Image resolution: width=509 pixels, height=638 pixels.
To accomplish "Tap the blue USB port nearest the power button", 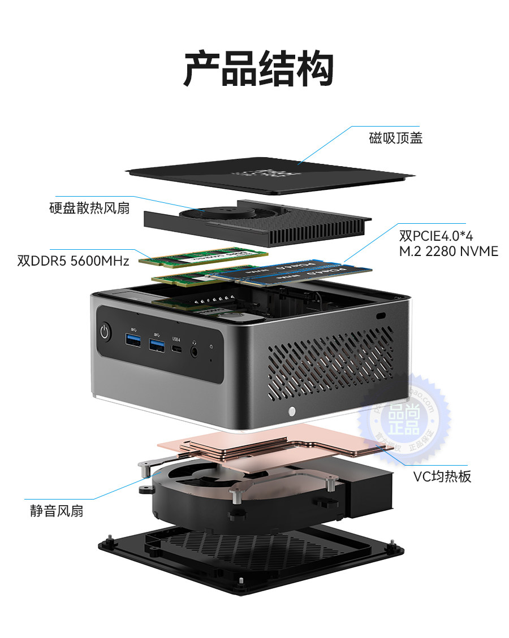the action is [133, 340].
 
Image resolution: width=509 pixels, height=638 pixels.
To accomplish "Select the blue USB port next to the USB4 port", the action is [157, 344].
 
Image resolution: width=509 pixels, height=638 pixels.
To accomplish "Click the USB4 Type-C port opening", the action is [178, 350].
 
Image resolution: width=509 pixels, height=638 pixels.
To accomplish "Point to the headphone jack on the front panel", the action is [196, 350].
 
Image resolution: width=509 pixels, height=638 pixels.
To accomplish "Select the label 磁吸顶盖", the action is [395, 138].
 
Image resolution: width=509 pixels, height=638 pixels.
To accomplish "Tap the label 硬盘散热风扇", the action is [89, 208].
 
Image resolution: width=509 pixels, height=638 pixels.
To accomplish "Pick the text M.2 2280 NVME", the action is [448, 251].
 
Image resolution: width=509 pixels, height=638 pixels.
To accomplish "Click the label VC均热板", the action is [442, 476].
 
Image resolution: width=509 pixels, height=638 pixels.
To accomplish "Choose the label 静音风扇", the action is [57, 511].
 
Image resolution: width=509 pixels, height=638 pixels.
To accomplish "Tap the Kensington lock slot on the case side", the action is [380, 315].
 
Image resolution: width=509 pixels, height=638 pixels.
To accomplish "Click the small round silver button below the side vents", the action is [292, 410].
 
